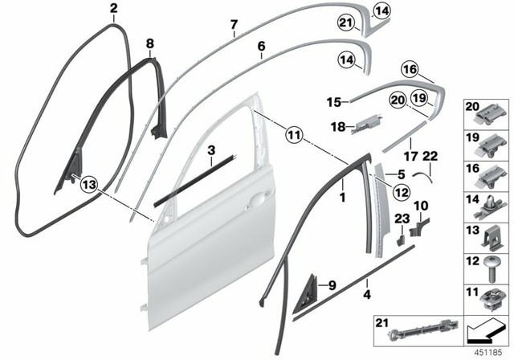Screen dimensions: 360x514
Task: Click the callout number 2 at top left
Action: pyautogui.click(x=113, y=9)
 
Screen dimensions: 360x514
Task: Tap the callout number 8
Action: pyautogui.click(x=149, y=43)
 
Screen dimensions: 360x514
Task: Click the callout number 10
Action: pyautogui.click(x=424, y=207)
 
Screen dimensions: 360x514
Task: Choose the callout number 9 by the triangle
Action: pyautogui.click(x=332, y=284)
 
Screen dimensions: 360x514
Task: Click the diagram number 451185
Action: pyautogui.click(x=487, y=351)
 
